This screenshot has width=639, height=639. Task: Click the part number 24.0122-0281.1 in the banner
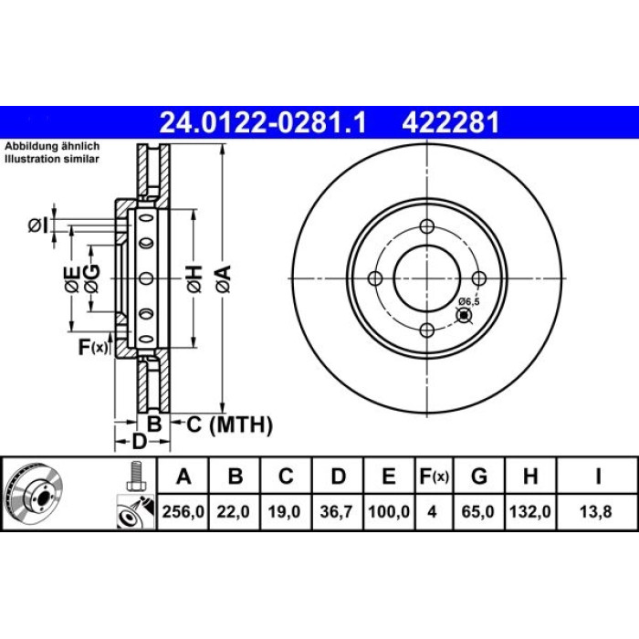[x=263, y=122]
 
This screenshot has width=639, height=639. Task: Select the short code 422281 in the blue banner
[x=450, y=122]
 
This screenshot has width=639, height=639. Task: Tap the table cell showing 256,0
[x=183, y=511]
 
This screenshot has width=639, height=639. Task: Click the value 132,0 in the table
[x=530, y=511]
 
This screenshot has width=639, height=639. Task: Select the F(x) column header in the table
[x=434, y=476]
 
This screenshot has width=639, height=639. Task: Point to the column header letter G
[x=479, y=476]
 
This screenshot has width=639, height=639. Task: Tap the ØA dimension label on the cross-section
[x=224, y=278]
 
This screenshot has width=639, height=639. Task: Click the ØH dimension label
[x=194, y=278]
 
